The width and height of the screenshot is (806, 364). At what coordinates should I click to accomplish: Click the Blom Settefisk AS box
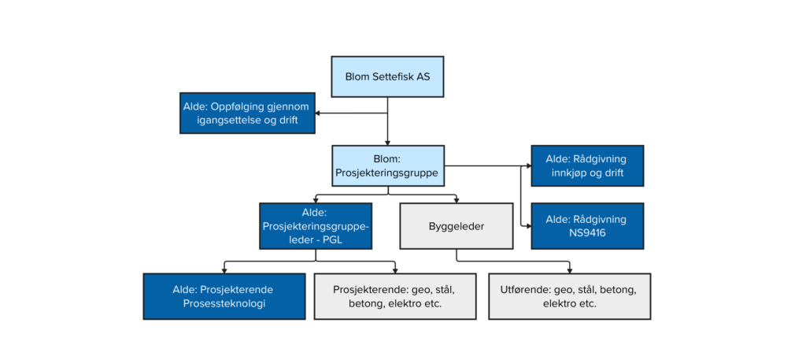(x=388, y=77)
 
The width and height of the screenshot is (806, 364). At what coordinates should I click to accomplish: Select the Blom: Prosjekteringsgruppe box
(x=388, y=165)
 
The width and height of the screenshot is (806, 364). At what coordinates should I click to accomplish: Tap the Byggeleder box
(x=457, y=226)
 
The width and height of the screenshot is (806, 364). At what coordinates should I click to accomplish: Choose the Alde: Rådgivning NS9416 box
(x=586, y=226)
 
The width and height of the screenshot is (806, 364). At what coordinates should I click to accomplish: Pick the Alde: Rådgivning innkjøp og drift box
(x=586, y=165)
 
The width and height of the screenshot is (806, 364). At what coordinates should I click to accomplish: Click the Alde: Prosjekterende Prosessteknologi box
(x=224, y=296)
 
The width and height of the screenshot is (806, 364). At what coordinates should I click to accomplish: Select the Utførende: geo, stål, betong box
(x=569, y=296)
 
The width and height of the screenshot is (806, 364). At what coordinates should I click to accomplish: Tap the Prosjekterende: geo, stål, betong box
(x=395, y=296)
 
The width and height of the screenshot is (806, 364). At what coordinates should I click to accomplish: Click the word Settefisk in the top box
(x=400, y=77)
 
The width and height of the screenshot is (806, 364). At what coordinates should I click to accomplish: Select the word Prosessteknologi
(x=224, y=304)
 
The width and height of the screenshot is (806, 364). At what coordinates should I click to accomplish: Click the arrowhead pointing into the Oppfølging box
(x=319, y=113)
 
